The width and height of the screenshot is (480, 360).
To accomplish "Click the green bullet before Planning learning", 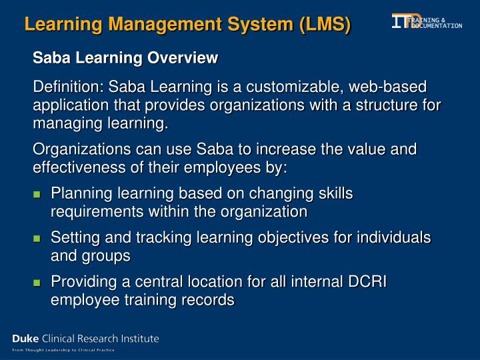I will (37, 195).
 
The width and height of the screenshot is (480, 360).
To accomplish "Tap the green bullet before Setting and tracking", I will (37, 239).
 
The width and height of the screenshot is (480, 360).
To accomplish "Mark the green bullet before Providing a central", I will (37, 283).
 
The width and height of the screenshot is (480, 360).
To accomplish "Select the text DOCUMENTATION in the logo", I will (437, 25).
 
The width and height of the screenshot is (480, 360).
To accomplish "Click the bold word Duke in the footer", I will (25, 339).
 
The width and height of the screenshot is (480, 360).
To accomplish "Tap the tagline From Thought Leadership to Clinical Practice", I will (63, 350).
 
